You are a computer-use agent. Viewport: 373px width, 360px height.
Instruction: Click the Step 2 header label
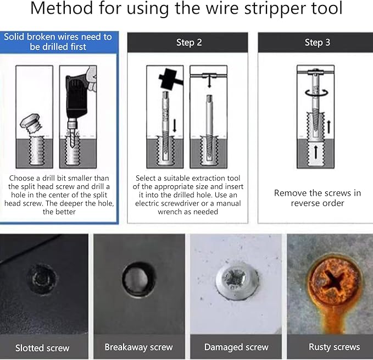click(189, 42)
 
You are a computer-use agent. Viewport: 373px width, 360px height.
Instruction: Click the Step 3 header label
click(317, 42)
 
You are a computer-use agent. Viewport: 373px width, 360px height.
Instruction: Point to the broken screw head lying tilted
click(31, 121)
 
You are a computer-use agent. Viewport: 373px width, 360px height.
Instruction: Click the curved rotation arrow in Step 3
click(316, 93)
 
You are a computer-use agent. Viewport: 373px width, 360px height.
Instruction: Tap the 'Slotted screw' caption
click(42, 347)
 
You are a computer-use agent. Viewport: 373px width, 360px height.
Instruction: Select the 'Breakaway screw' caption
click(138, 347)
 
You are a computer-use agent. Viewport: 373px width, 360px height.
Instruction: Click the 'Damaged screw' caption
click(236, 347)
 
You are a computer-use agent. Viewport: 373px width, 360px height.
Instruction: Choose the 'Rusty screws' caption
click(334, 347)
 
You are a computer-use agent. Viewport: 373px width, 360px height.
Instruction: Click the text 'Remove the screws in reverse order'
click(317, 198)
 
